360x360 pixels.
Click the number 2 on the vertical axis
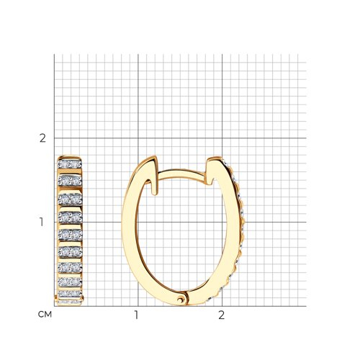[42, 138]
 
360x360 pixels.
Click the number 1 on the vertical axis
[42, 222]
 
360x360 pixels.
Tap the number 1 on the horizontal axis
[136, 315]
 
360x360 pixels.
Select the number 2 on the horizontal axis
[221, 315]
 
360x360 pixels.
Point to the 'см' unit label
[45, 315]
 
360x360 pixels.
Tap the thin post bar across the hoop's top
[181, 174]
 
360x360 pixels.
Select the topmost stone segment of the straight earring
[70, 164]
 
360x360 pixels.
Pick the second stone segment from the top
[70, 181]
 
